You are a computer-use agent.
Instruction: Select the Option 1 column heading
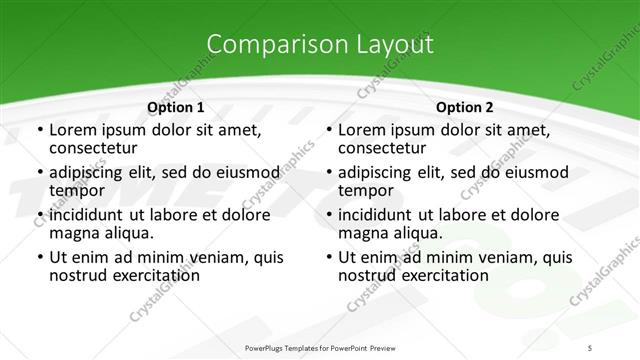[175, 106]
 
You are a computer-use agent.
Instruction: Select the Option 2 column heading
[465, 106]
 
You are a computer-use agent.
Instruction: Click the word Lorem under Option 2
[363, 130]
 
